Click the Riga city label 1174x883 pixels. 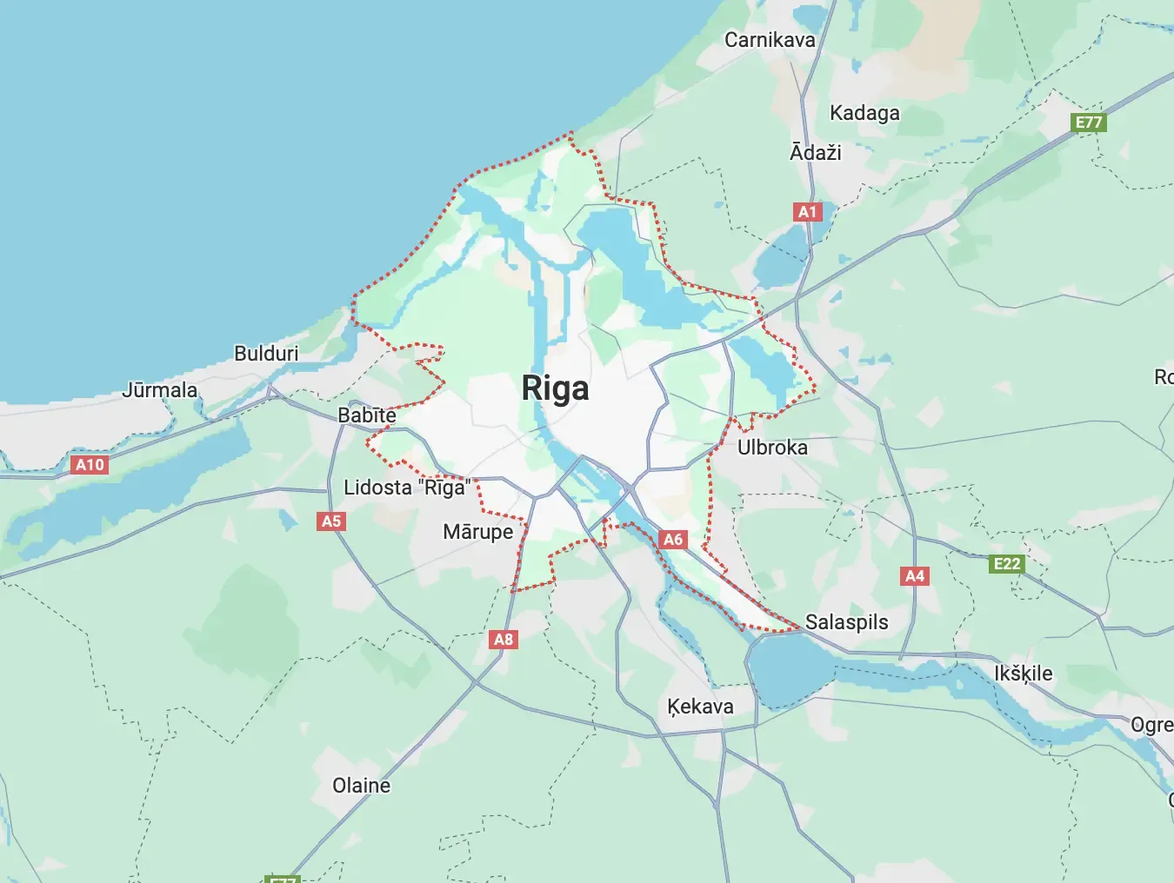pyautogui.click(x=555, y=388)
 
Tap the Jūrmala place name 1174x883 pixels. pyautogui.click(x=159, y=390)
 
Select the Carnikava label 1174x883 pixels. pyautogui.click(x=770, y=40)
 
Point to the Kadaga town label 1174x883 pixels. pyautogui.click(x=864, y=113)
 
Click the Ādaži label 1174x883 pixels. pyautogui.click(x=815, y=153)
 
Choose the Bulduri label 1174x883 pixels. pyautogui.click(x=266, y=354)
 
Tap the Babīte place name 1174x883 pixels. pyautogui.click(x=367, y=415)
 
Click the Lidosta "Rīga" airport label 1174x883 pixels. pyautogui.click(x=407, y=488)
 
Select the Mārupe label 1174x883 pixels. pyautogui.click(x=477, y=532)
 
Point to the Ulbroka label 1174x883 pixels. pyautogui.click(x=772, y=448)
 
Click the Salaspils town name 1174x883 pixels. pyautogui.click(x=846, y=622)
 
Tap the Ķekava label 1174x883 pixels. pyautogui.click(x=700, y=707)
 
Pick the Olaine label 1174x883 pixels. pyautogui.click(x=361, y=786)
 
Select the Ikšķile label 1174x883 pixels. pyautogui.click(x=1023, y=674)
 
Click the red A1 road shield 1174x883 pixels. pyautogui.click(x=808, y=212)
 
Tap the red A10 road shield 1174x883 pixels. pyautogui.click(x=90, y=465)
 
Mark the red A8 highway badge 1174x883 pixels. pyautogui.click(x=504, y=640)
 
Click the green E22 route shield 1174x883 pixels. pyautogui.click(x=1007, y=564)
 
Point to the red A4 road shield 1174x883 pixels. pyautogui.click(x=915, y=576)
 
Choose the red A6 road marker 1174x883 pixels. pyautogui.click(x=673, y=540)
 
